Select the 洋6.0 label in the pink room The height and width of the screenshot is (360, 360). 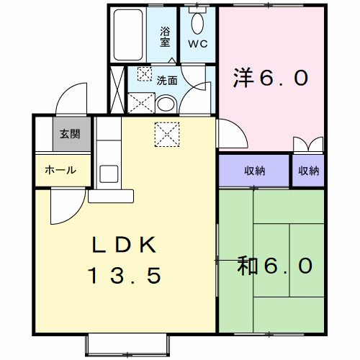271,76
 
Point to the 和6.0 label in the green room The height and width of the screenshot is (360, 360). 275,266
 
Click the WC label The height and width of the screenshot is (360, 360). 197,43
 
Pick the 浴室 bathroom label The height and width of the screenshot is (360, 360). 165,37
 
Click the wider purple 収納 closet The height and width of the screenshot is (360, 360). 254,171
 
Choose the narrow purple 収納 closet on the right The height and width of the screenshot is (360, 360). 308,171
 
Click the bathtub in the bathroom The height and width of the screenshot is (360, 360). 130,36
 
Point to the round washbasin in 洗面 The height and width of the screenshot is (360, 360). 164,104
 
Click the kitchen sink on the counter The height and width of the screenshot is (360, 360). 109,174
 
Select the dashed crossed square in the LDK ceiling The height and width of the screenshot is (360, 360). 166,134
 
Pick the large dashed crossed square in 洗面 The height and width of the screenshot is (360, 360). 140,103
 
